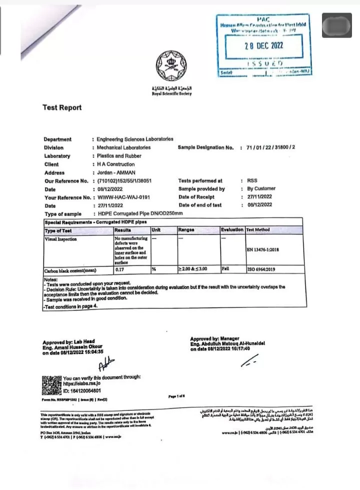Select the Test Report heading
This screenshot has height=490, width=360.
coord(62,107)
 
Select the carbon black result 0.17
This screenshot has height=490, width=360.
coord(119,270)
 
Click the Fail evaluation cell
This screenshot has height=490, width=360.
coord(226,269)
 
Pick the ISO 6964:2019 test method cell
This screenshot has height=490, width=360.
coord(261,269)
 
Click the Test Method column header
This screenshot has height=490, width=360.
coord(258,230)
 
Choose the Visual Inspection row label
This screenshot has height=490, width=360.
coord(61,239)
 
